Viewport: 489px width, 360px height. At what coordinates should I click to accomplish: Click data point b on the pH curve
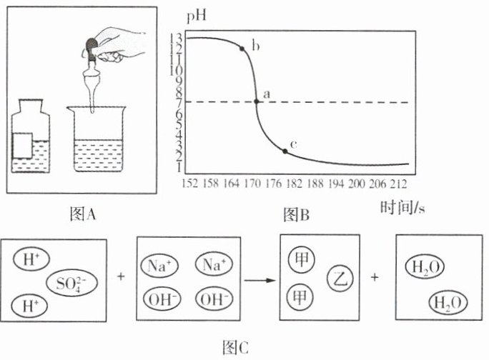click(242, 49)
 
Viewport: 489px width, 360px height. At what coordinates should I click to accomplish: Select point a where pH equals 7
click(257, 101)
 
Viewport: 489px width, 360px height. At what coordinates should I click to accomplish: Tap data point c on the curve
click(285, 151)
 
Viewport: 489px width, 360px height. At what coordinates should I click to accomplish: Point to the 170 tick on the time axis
click(252, 184)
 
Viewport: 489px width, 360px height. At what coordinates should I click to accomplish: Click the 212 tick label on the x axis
click(398, 184)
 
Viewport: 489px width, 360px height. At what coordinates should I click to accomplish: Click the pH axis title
click(197, 16)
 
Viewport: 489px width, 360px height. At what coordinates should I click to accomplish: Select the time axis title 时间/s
click(402, 207)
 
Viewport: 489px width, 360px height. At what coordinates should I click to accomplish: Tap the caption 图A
click(83, 214)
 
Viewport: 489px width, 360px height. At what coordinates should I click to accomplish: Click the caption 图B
click(296, 215)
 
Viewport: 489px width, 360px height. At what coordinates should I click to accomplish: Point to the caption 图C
click(236, 347)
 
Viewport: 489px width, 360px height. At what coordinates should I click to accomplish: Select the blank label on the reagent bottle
click(22, 146)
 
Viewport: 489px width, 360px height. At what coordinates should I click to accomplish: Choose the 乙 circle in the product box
click(340, 278)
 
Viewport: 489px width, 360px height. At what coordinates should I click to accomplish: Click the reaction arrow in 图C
click(260, 280)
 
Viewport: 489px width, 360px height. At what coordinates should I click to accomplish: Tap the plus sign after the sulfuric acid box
click(121, 276)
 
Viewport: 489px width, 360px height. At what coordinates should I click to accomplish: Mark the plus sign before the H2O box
click(375, 276)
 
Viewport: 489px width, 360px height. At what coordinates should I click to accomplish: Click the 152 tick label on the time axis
click(190, 184)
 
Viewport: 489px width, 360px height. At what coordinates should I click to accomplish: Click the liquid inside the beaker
click(99, 155)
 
